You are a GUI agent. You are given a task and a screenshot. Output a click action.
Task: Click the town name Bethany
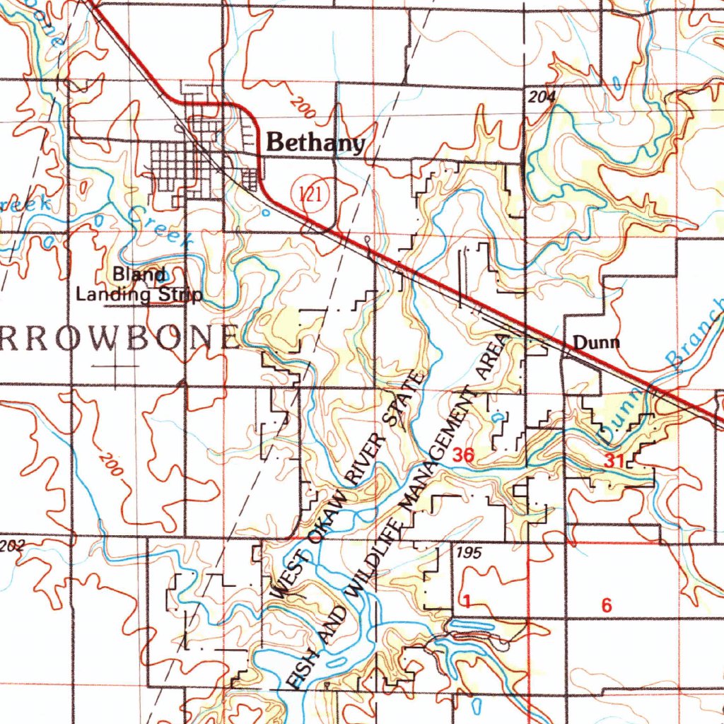[315, 144]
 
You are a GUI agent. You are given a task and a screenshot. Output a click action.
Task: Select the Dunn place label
[596, 344]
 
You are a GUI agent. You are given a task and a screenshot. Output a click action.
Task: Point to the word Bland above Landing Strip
[139, 274]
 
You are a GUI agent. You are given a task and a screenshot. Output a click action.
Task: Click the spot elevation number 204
[540, 96]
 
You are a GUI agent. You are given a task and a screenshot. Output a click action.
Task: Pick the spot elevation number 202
[12, 545]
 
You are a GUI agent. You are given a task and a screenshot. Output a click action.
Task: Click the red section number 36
[463, 455]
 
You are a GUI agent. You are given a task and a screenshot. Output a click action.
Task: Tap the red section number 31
[614, 460]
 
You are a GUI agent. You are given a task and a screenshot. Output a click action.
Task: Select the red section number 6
[606, 605]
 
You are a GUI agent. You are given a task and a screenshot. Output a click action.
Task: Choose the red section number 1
[467, 602]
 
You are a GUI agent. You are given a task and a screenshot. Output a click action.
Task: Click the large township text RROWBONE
[117, 339]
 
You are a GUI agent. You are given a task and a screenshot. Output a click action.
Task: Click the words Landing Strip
[139, 294]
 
